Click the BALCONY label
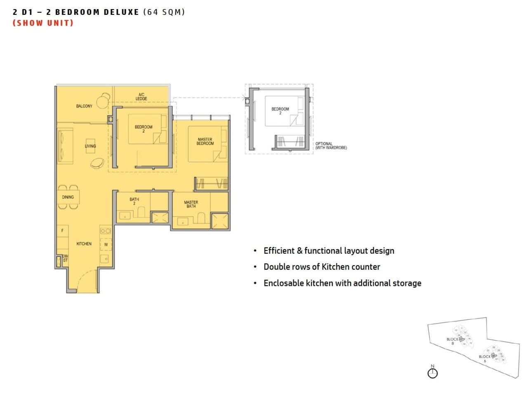pos(84,106)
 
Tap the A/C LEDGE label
pos(141,97)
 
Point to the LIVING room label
pos(90,146)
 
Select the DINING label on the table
pos(68,197)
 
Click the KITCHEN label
pos(84,244)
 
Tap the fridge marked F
pos(62,231)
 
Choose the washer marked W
pos(106,245)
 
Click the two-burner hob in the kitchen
pos(106,231)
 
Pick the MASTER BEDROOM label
pos(205,142)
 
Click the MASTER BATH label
pos(191,204)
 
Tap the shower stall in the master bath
pos(220,221)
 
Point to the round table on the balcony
pos(102,101)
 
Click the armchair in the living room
pos(97,163)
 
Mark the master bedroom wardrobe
pos(212,184)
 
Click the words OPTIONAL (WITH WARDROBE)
pos(331,146)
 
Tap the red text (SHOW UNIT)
pos(43,23)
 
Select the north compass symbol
pos(432,373)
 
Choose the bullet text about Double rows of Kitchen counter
pos(322,267)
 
